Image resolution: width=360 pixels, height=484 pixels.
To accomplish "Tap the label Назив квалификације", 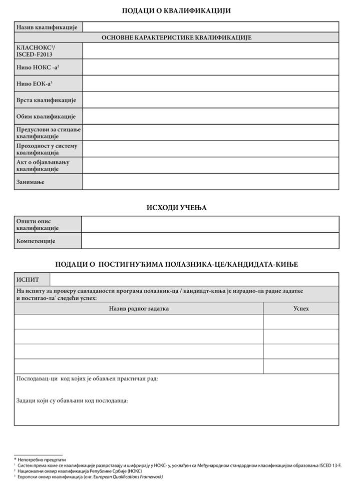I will tap(46, 27).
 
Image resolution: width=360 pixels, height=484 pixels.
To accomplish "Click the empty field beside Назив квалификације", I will tap(210, 27).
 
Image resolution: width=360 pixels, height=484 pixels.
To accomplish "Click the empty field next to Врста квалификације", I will tap(210, 100).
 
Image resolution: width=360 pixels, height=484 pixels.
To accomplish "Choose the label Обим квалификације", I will tap(46, 117).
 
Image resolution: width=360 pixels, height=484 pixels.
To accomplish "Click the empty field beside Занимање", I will tap(210, 182).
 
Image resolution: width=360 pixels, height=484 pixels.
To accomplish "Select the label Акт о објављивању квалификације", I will tap(42, 166).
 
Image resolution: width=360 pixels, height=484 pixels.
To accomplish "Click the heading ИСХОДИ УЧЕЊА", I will tap(176, 207).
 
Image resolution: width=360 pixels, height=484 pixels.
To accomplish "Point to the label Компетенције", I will tap(36, 241).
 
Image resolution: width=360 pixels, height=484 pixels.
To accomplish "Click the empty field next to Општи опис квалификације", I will tap(210, 224).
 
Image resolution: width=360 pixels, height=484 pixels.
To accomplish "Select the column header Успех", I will tap(301, 308).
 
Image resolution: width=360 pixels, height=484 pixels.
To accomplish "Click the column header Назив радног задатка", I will tap(139, 308).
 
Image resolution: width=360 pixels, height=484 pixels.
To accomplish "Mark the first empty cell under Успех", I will tap(301, 322).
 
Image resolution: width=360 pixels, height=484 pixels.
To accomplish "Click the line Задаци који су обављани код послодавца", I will tap(72, 401).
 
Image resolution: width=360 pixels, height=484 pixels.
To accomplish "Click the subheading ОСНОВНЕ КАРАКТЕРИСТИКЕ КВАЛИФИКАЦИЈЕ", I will tap(176, 38).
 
